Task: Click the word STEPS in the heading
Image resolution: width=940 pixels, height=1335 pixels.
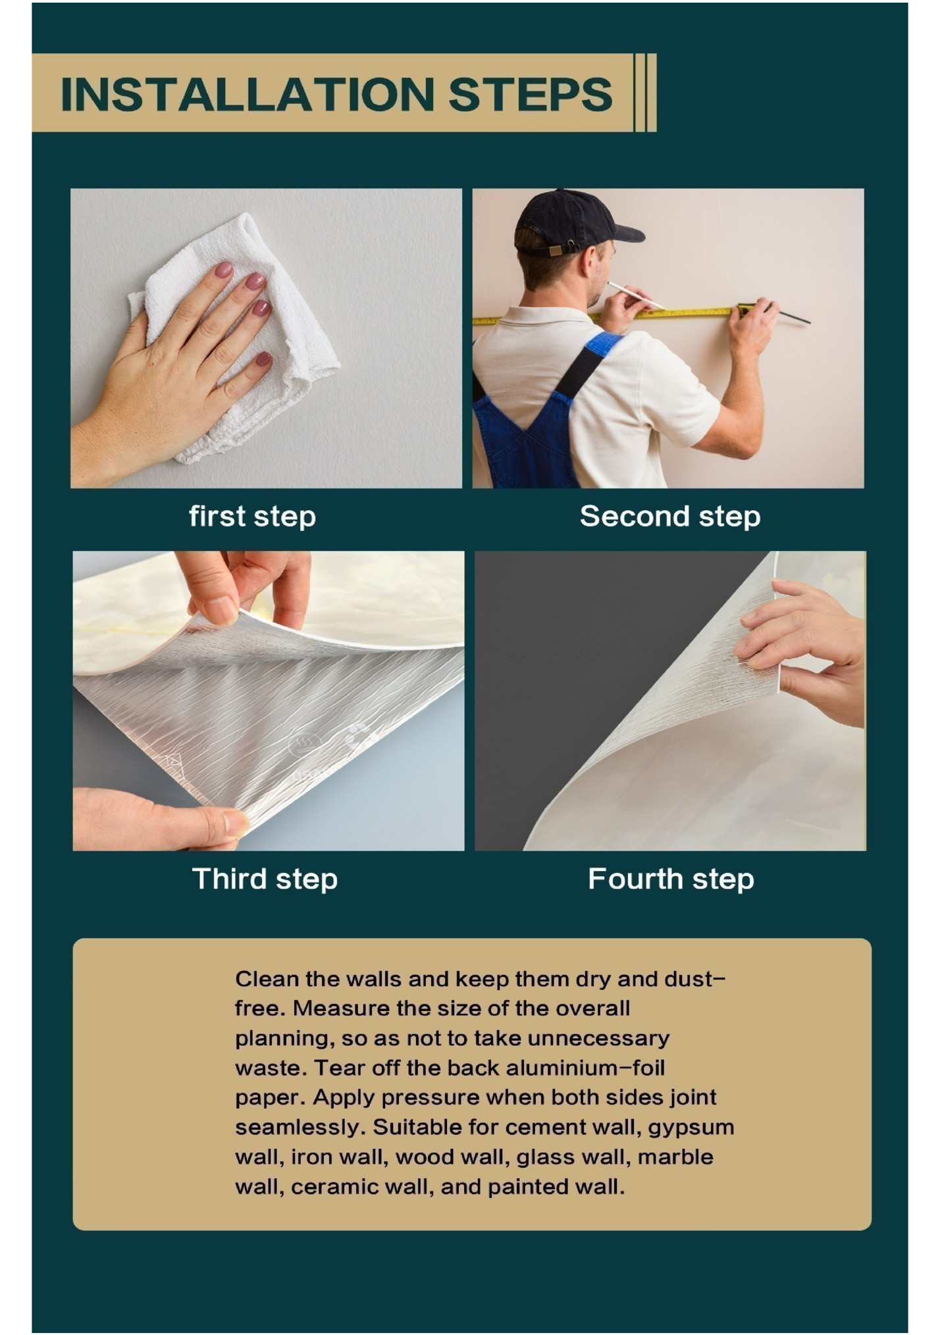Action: tap(531, 94)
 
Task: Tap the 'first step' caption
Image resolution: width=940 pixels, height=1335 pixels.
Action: tap(253, 517)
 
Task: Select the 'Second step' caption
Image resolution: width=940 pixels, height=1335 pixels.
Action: tap(670, 517)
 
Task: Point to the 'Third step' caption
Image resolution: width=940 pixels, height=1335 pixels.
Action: tap(265, 879)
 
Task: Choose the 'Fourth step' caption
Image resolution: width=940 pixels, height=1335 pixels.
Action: tap(671, 879)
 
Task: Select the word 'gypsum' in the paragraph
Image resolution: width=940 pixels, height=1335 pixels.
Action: tap(691, 1128)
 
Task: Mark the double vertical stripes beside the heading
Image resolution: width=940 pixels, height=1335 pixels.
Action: tap(645, 93)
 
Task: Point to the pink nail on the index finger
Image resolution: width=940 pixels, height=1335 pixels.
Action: tap(224, 270)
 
